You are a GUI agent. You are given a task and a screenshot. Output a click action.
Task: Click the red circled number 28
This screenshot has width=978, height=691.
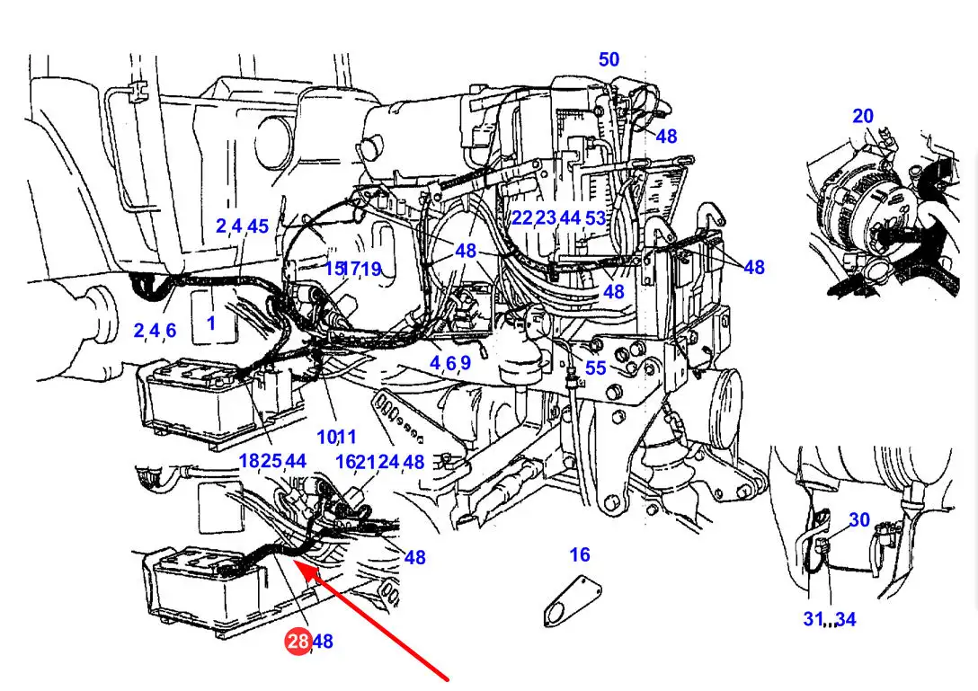pos(298,641)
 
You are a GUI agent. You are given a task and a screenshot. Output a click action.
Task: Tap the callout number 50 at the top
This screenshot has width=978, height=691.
pos(609,59)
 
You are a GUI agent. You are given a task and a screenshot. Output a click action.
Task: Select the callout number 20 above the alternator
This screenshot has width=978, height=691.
pos(863,116)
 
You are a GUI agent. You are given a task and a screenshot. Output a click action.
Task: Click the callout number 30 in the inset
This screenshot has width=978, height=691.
pos(859,520)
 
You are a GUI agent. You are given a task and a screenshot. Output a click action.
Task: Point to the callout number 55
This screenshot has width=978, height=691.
pos(596,368)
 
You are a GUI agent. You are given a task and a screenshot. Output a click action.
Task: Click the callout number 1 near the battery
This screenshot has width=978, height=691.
pos(211,323)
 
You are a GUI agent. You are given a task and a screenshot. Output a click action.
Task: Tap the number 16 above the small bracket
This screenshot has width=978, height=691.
pos(580,554)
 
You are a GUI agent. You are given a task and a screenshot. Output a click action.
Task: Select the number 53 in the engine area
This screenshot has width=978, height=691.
pos(596,217)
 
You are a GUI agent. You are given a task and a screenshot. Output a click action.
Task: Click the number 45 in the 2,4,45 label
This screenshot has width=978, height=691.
pos(258,226)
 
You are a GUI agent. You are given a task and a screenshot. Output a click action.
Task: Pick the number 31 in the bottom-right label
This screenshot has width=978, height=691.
pos(814,618)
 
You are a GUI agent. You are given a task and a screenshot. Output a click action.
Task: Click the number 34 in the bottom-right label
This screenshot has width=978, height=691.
pos(846,619)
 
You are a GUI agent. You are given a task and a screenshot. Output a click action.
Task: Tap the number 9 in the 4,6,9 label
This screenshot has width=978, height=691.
pos(466,363)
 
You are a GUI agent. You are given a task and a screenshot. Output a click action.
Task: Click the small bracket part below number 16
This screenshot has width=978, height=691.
pos(573,600)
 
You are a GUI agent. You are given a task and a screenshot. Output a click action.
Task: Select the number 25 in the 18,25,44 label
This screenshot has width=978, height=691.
pos(271,461)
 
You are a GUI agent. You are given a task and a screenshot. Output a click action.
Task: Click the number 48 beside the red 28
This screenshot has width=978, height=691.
pos(323,641)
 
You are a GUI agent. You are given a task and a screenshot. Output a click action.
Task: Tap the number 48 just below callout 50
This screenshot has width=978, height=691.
pos(666,136)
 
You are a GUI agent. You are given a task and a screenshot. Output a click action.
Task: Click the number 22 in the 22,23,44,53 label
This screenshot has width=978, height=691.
pos(522,217)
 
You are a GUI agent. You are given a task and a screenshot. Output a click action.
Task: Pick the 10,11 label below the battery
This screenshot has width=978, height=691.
pos(337,438)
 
